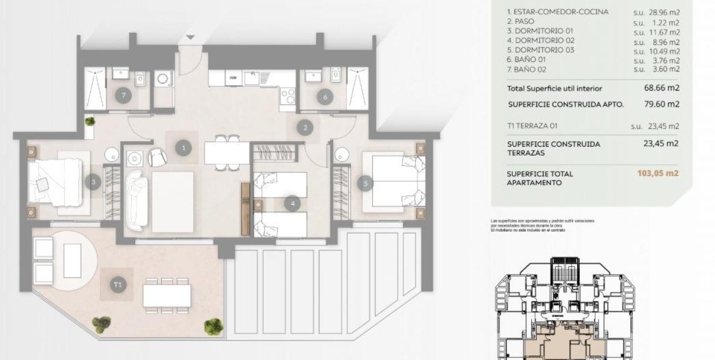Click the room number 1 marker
[183, 148]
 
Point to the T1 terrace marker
[117, 285]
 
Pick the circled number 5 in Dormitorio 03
[364, 183]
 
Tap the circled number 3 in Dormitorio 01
[94, 181]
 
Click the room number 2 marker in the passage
[304, 128]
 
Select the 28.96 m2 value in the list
[664, 12]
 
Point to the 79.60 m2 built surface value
[660, 104]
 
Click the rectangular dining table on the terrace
[167, 295]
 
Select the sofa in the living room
[136, 199]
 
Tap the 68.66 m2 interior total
[660, 88]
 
